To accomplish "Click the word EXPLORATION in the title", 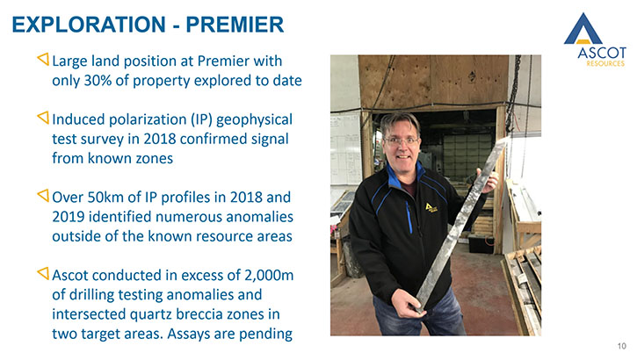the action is coord(89,25).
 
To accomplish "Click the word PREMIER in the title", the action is coord(235,25).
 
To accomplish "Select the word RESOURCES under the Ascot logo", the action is coord(605,63).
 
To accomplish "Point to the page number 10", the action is coord(621,346).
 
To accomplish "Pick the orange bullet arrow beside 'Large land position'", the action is coord(43,59).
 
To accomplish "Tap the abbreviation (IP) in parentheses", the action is coord(200,119).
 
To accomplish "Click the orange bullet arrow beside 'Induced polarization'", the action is coord(43,118).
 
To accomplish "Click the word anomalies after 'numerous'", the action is coord(259,217).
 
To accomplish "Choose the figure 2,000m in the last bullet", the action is coord(269,275).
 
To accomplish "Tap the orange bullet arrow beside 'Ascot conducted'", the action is coord(43,274).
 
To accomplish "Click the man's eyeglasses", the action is coord(402,140).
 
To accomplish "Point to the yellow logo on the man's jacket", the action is coord(431,207).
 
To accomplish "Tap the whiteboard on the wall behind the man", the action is coord(345,149).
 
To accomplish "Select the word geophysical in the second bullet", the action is coord(254,119).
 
